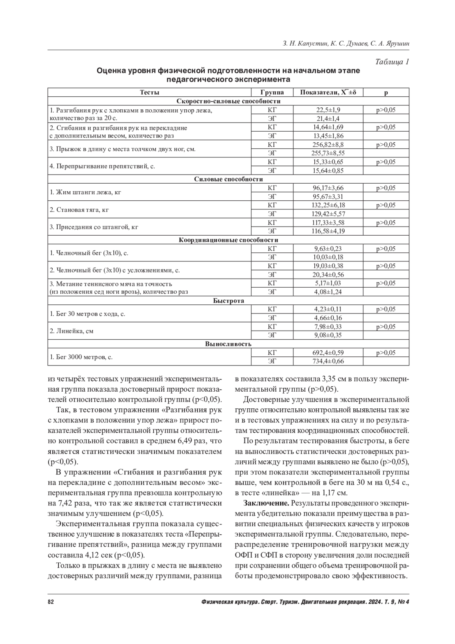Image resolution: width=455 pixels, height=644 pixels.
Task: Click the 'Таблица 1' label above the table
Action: [392, 62]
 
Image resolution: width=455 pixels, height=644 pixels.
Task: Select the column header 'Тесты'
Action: [149, 93]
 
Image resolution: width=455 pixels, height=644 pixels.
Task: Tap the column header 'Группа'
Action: [272, 93]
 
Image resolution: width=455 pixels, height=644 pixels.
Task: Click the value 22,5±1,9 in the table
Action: [328, 110]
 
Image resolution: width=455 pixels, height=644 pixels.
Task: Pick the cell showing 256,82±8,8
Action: [328, 145]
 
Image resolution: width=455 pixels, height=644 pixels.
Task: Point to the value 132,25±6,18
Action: [328, 205]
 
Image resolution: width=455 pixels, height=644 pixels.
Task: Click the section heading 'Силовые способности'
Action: [228, 179]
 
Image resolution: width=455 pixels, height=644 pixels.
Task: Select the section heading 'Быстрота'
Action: [228, 301]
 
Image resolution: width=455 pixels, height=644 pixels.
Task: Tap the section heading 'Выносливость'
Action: [228, 344]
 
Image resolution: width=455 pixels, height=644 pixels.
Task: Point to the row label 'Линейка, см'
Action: [72, 331]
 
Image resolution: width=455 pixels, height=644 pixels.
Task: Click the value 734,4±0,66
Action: [328, 361]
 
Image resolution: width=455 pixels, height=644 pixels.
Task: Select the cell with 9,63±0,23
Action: [328, 249]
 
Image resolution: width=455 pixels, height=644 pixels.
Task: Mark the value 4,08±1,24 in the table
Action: [328, 292]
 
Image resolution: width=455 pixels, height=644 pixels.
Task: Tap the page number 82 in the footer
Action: [51, 602]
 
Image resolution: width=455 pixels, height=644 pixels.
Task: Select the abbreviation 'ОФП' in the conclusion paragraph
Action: [243, 555]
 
